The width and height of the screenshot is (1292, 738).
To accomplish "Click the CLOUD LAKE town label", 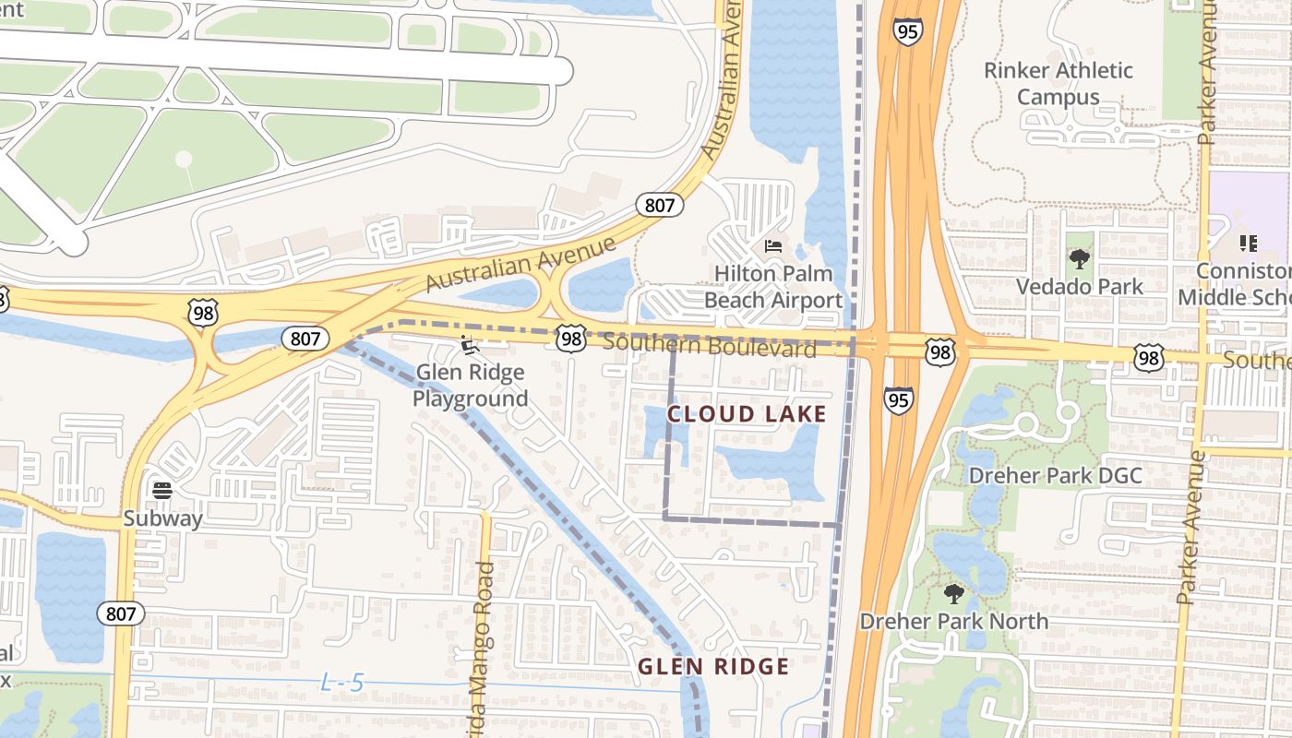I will pos(747,414).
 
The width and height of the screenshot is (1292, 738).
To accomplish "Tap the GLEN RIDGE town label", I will pos(713,666).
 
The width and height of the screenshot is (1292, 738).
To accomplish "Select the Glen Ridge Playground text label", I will pos(470,386).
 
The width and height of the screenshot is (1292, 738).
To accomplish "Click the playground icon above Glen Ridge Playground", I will pos(470,347).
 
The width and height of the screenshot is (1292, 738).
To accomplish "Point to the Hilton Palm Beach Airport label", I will pos(773,287).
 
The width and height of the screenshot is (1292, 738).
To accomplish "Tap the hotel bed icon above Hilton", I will pos(773,246).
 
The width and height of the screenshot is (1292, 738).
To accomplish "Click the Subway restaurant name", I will pos(162,518).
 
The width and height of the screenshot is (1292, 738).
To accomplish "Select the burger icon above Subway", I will pos(162,490).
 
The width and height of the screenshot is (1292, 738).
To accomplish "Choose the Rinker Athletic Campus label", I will pos(1058,84).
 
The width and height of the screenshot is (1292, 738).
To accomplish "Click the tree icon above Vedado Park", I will pos(1079,259).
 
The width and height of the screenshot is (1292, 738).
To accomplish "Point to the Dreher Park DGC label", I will pos(1055,476).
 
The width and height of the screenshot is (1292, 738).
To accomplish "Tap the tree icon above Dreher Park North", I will pos(954,593).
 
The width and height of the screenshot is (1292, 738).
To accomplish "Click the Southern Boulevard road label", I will pos(710,346).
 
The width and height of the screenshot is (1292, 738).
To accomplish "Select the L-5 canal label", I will pos(342,684).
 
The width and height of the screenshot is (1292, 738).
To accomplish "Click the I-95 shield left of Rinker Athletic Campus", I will pos(907,30).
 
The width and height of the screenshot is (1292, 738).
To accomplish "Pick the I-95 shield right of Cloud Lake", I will pos(898,399).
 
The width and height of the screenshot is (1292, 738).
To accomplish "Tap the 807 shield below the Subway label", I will pos(122,613).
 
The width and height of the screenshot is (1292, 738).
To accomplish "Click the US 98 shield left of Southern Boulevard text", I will pos(571,339).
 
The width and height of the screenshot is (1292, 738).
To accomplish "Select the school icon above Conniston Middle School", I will pos(1248,244).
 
